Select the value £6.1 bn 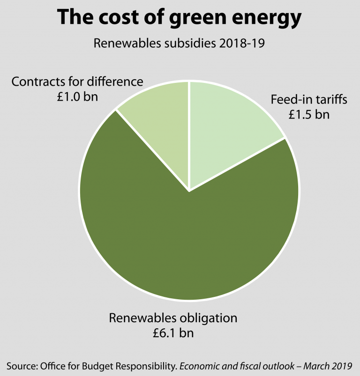[x=173, y=333]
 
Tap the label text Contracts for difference [x=77, y=81]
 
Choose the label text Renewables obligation [x=173, y=318]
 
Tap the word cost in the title [x=116, y=17]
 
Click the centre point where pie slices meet [x=189, y=191]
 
